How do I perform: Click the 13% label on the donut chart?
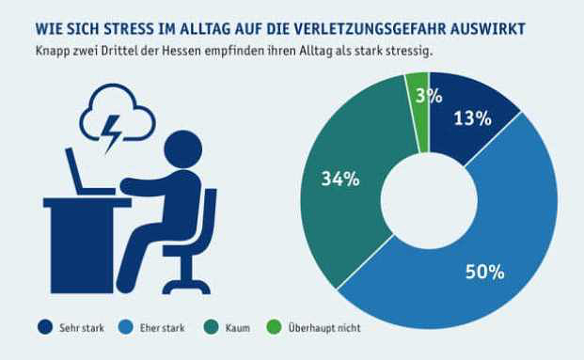tap(471, 118)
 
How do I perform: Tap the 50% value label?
tap(485, 273)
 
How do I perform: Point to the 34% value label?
tap(339, 179)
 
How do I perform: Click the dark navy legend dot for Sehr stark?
tap(44, 327)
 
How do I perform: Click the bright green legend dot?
tap(276, 327)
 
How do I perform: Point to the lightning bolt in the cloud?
tap(113, 133)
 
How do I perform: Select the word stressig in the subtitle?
tap(410, 50)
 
